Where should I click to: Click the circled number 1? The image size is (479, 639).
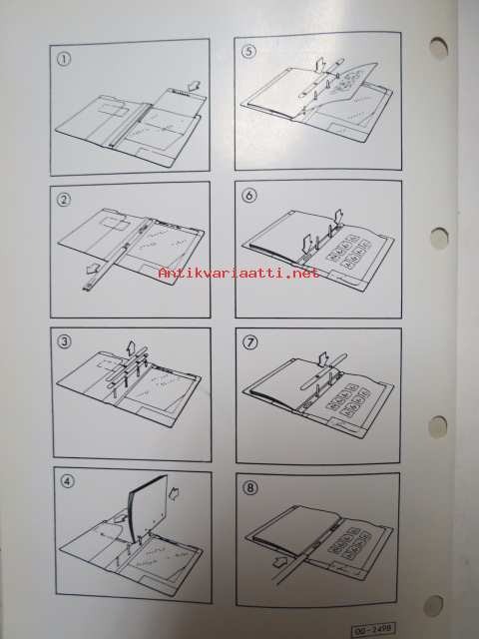point(63,59)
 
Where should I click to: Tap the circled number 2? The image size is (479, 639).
point(64,200)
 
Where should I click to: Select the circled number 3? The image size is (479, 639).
point(64,341)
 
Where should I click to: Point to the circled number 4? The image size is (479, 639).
point(68,481)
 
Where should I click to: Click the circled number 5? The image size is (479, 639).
point(248,52)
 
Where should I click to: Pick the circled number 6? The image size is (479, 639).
point(249,196)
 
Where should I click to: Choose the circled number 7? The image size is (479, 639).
point(249,342)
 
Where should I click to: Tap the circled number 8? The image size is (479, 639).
point(249,488)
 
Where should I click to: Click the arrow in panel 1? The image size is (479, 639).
point(195,87)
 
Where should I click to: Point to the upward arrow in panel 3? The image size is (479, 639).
point(131,347)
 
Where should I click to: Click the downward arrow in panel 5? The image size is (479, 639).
point(320,66)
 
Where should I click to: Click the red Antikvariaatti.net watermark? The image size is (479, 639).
point(239,273)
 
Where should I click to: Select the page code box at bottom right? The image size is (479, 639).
point(373,630)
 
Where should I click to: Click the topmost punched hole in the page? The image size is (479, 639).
point(438,48)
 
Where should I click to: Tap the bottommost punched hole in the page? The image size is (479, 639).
point(433,606)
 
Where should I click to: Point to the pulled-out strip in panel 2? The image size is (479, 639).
point(107,268)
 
